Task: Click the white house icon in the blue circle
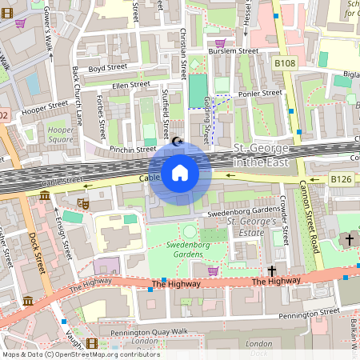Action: click(180, 172)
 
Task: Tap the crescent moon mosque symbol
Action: click(178, 141)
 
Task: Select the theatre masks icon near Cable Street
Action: click(83, 205)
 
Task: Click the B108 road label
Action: click(286, 62)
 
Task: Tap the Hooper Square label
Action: click(61, 134)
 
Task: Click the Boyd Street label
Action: click(108, 69)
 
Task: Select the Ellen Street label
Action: click(130, 84)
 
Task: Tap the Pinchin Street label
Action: click(133, 149)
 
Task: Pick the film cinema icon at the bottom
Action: click(91, 343)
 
